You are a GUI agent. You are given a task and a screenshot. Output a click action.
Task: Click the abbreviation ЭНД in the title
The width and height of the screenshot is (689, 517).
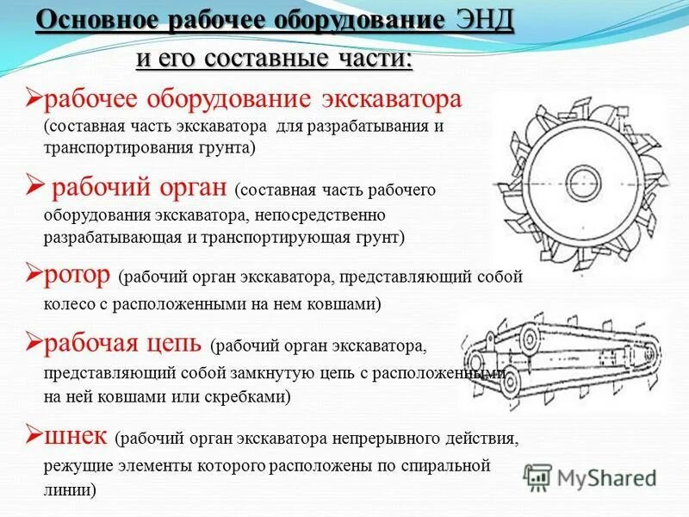click(481, 21)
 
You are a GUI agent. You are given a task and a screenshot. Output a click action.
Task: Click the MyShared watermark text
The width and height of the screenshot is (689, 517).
click(606, 477)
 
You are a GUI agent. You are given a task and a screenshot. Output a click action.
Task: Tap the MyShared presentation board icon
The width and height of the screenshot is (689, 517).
click(537, 477)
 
